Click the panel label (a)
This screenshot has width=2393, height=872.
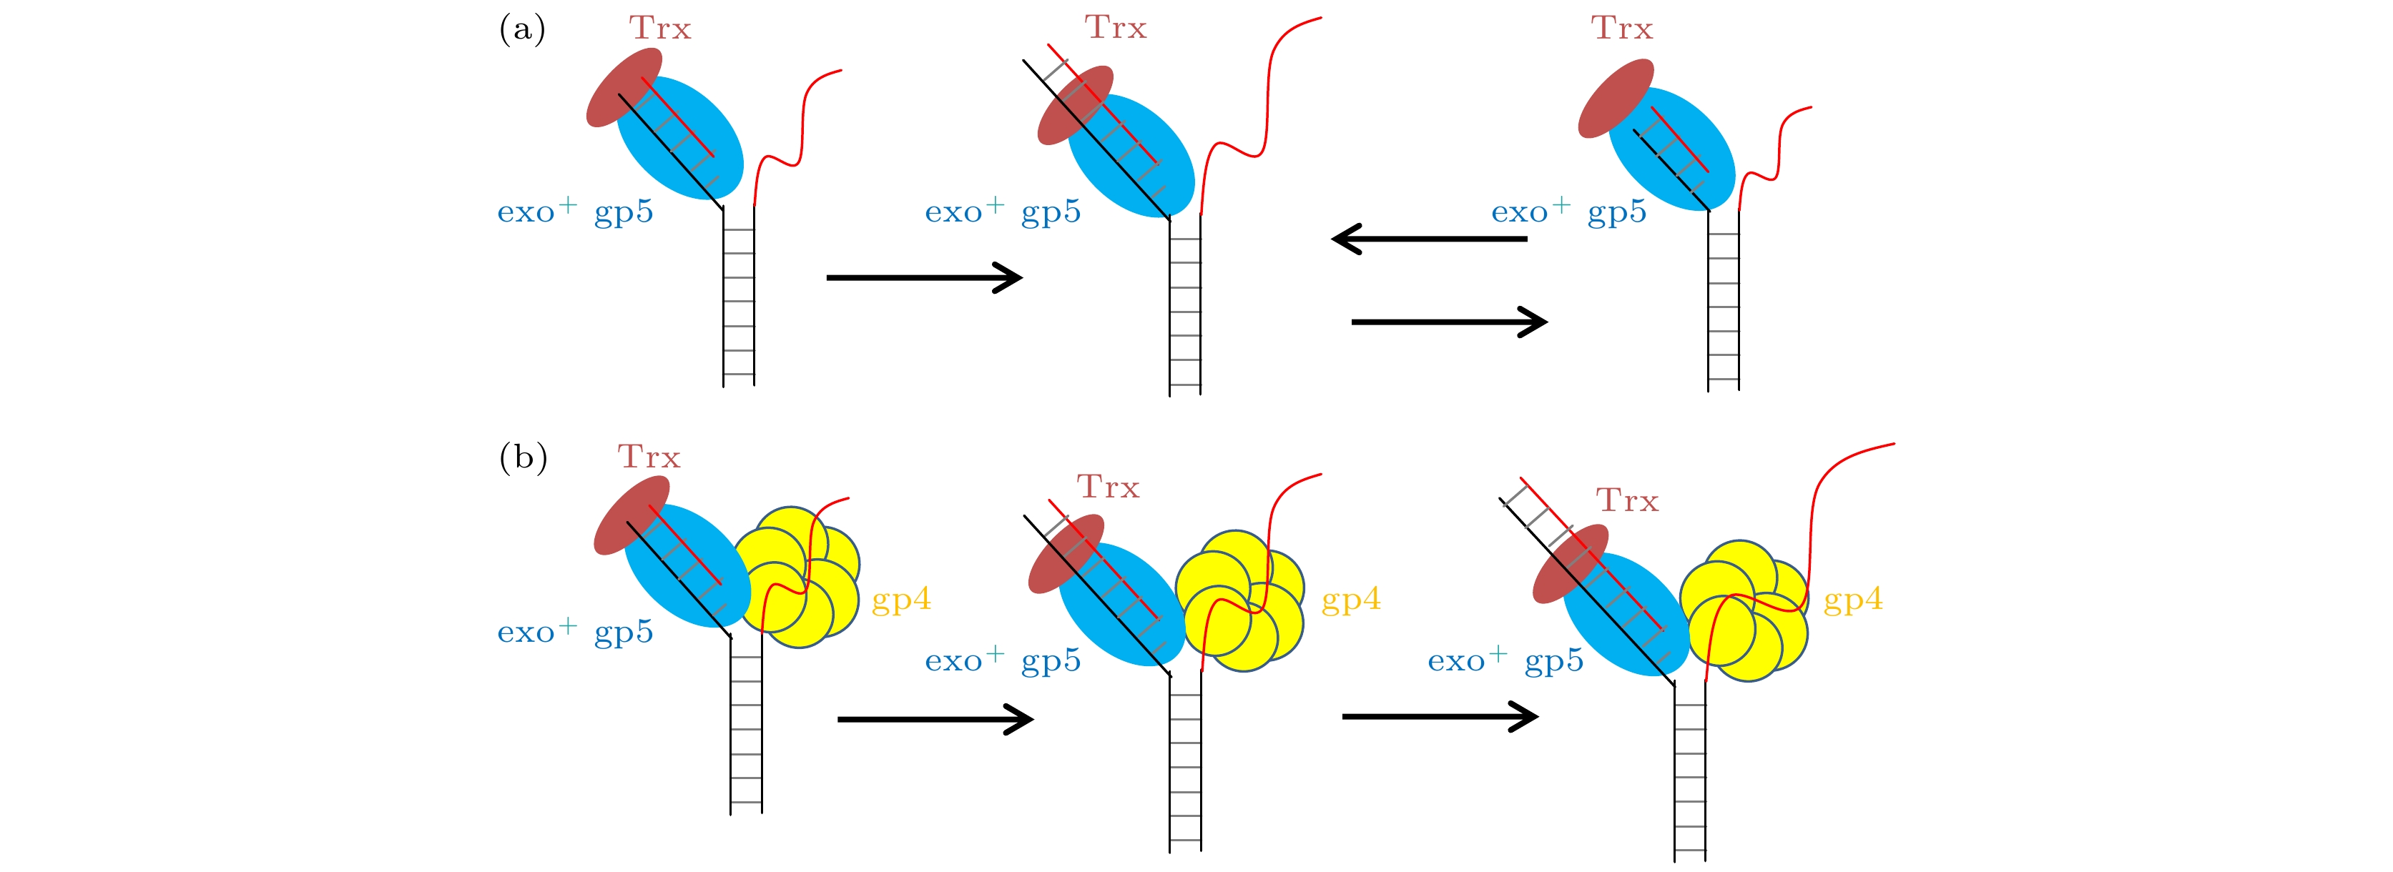pos(522,30)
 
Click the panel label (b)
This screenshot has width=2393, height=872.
pos(523,458)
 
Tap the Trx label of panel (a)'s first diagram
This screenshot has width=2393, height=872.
pos(661,29)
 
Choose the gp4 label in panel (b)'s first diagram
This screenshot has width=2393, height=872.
pos(901,600)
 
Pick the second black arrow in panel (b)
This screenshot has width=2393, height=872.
pos(1440,716)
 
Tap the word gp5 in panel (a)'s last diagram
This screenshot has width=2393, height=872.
pos(1616,213)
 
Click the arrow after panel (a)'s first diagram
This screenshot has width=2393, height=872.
pos(924,277)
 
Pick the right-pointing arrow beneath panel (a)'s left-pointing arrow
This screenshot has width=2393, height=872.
pos(1449,322)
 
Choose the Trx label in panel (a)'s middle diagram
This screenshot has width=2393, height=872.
pos(1116,28)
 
